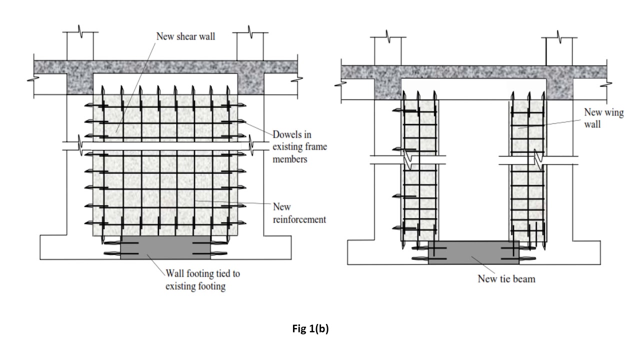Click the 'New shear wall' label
tap(185, 36)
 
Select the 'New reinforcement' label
tap(299, 213)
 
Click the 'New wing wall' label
tap(603, 118)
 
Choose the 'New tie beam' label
tap(506, 278)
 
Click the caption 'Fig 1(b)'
tap(310, 329)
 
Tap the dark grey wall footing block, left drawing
tap(165, 248)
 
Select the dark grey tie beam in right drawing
tap(473, 252)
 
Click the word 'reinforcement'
tap(299, 219)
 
